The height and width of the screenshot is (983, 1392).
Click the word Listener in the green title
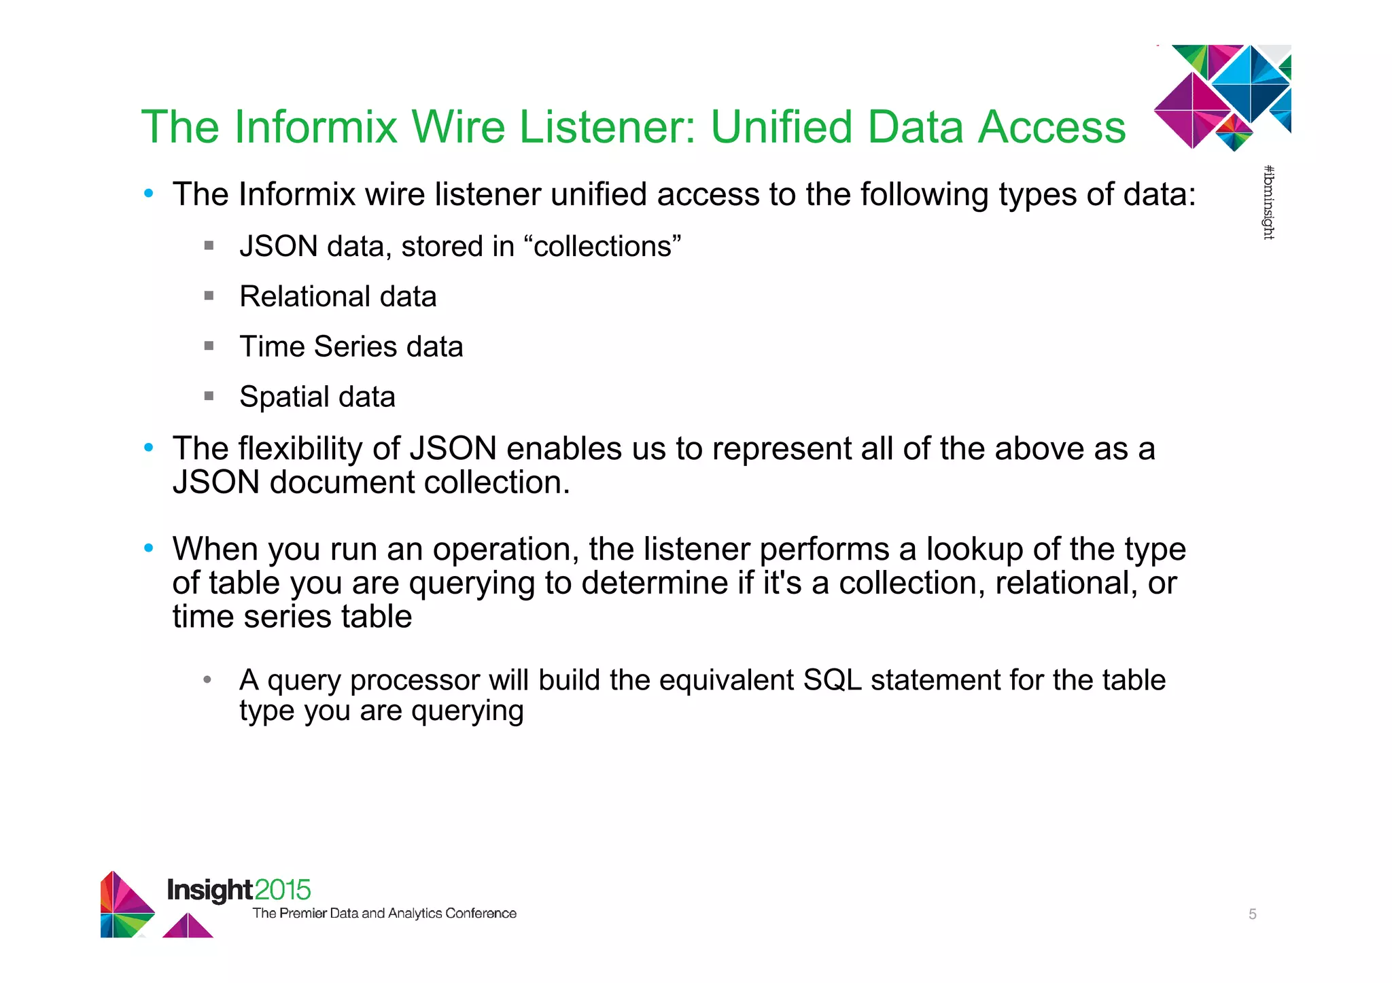point(606,127)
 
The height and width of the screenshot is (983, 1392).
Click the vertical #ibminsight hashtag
point(1268,202)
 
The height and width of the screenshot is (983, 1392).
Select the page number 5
point(1252,914)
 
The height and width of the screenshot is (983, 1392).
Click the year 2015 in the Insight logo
point(283,889)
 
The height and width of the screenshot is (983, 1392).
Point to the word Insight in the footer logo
point(210,890)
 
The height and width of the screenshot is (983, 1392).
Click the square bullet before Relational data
point(209,296)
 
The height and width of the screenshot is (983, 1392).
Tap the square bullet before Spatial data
point(209,396)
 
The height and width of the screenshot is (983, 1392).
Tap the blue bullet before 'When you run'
point(148,548)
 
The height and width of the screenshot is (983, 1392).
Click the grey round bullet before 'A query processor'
point(207,679)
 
